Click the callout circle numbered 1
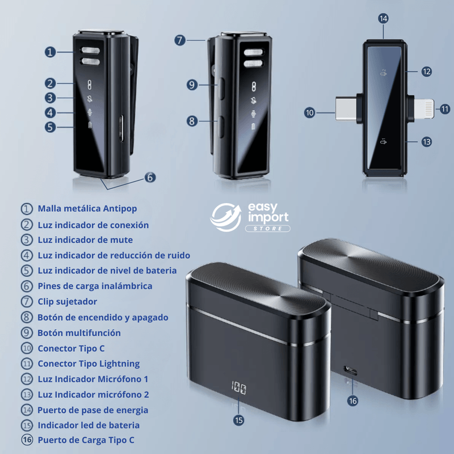coord(50,52)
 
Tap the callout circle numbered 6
coord(150,177)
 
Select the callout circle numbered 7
coord(180,40)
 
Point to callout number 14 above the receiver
coord(384,19)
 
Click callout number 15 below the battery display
coord(238,420)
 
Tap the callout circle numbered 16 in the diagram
coord(352,401)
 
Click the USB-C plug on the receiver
coord(346,109)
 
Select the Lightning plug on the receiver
coord(424,108)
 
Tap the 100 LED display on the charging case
coord(238,388)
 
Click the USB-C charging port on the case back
coord(350,370)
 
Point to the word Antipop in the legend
coord(120,209)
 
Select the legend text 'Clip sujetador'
coord(68,302)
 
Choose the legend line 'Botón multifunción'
coord(79,333)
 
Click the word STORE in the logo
coord(268,229)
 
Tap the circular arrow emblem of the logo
coord(226,217)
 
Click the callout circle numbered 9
coord(192,85)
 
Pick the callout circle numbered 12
coord(427,72)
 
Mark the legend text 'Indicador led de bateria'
coord(89,425)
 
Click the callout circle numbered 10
coord(309,112)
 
